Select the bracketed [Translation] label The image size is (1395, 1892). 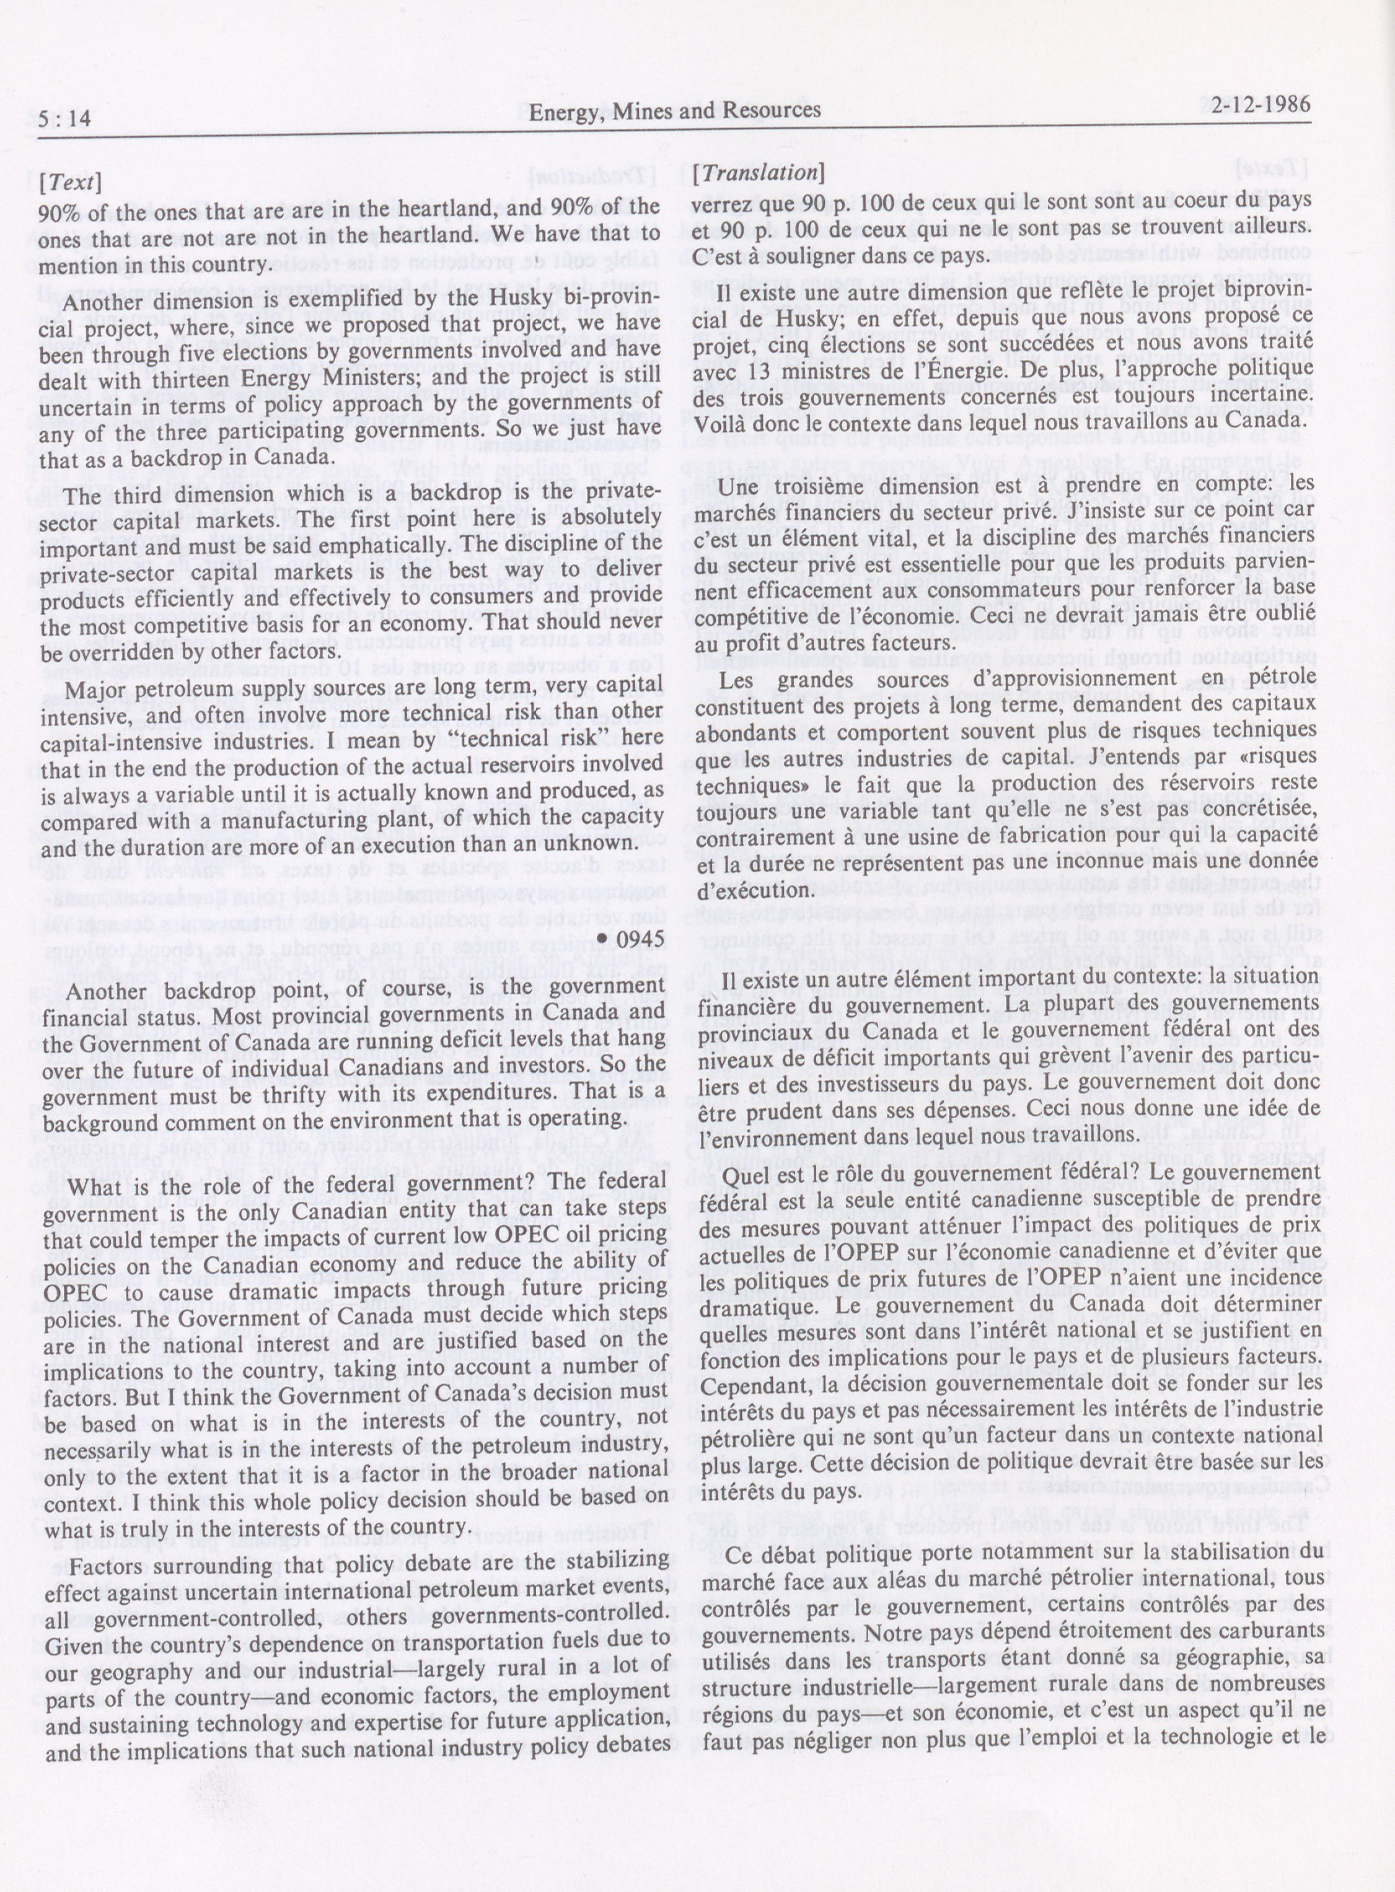click(x=757, y=172)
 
